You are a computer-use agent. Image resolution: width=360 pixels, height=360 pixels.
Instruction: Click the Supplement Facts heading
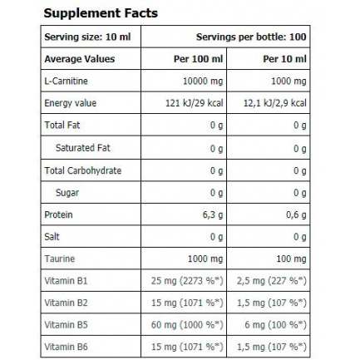(x=101, y=13)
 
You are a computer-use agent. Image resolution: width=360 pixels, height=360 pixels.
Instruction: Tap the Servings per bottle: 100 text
(x=251, y=37)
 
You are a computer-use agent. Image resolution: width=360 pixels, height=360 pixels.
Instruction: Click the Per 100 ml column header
(x=198, y=59)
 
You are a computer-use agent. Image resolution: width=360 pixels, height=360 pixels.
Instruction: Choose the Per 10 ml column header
(x=284, y=59)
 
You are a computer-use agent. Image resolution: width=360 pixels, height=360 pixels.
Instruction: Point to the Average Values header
(x=80, y=59)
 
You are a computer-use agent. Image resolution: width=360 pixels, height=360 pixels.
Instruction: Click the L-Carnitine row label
(x=66, y=81)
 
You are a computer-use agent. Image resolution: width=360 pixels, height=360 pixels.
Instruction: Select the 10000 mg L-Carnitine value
(x=203, y=81)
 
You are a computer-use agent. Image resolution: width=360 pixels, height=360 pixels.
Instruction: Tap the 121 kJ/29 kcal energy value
(x=195, y=103)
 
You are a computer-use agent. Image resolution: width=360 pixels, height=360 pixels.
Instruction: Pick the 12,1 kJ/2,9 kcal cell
(x=275, y=103)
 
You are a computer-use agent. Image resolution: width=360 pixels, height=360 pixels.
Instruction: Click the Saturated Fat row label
(x=83, y=148)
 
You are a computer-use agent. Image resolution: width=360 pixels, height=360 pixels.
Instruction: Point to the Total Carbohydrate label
(x=83, y=170)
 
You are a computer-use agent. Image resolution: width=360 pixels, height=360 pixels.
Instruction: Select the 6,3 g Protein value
(x=213, y=215)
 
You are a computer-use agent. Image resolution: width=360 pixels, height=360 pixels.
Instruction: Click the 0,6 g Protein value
(x=296, y=215)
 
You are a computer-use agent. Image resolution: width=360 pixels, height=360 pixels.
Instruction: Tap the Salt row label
(x=52, y=237)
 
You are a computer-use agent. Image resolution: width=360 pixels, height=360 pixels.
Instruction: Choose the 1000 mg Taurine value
(x=205, y=259)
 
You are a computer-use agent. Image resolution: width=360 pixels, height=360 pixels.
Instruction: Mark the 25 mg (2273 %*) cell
(x=187, y=281)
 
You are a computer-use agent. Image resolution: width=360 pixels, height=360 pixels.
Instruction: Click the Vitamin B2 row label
(x=66, y=303)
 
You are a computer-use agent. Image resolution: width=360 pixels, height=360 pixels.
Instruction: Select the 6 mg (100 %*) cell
(x=275, y=325)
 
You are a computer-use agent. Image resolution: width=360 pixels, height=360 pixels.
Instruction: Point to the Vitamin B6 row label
(x=66, y=347)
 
